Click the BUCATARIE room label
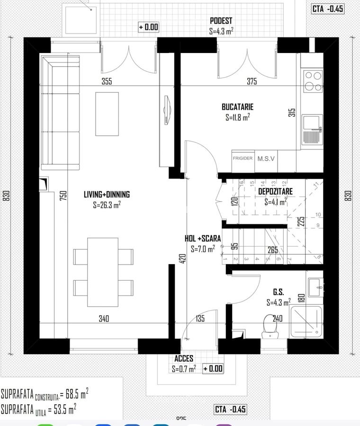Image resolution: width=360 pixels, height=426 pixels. [237, 107]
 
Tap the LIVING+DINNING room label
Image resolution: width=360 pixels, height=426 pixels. [107, 195]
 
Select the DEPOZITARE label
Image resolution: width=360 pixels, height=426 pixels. [275, 191]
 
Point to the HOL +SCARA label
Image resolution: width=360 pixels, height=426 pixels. [203, 239]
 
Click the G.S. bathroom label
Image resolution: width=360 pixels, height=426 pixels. [278, 293]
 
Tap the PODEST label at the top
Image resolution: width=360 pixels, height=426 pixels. [221, 21]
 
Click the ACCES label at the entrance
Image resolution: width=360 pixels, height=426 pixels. [184, 359]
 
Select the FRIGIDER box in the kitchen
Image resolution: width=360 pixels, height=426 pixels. [243, 159]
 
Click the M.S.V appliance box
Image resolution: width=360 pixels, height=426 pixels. [266, 159]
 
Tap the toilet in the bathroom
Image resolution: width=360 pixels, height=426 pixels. [270, 326]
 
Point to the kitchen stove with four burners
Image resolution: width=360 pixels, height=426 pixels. [313, 80]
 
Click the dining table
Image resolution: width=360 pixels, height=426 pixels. [103, 272]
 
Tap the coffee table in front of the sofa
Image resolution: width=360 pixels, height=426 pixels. [107, 114]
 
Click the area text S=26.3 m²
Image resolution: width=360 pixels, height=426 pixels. [107, 205]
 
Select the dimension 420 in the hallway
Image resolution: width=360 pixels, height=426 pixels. [182, 258]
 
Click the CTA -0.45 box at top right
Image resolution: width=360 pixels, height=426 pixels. [327, 9]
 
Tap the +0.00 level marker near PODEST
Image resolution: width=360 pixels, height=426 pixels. [148, 27]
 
